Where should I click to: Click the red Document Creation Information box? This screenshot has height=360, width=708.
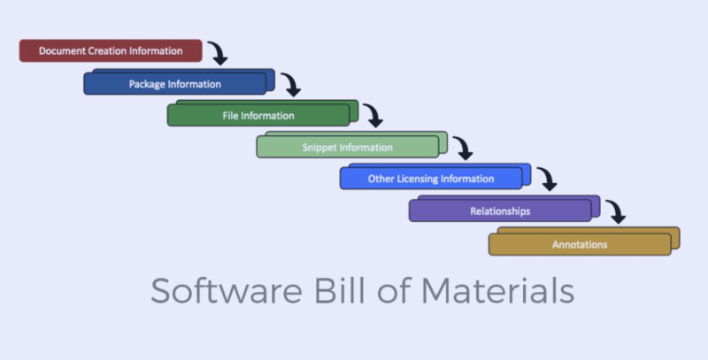tap(111, 51)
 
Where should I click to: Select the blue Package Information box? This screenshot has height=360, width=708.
tap(175, 84)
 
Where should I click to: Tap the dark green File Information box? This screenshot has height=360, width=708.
tap(258, 115)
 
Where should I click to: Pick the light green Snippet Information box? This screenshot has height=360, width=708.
tap(347, 147)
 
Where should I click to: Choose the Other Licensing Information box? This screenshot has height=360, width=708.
tap(430, 179)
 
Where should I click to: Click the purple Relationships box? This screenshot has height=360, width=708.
tap(499, 211)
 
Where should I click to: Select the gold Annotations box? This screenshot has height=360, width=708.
tap(580, 244)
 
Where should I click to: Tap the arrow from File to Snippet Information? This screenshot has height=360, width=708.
tap(374, 116)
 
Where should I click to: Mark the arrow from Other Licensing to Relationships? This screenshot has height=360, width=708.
tap(547, 180)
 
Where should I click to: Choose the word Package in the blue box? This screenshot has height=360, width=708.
tap(147, 84)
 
